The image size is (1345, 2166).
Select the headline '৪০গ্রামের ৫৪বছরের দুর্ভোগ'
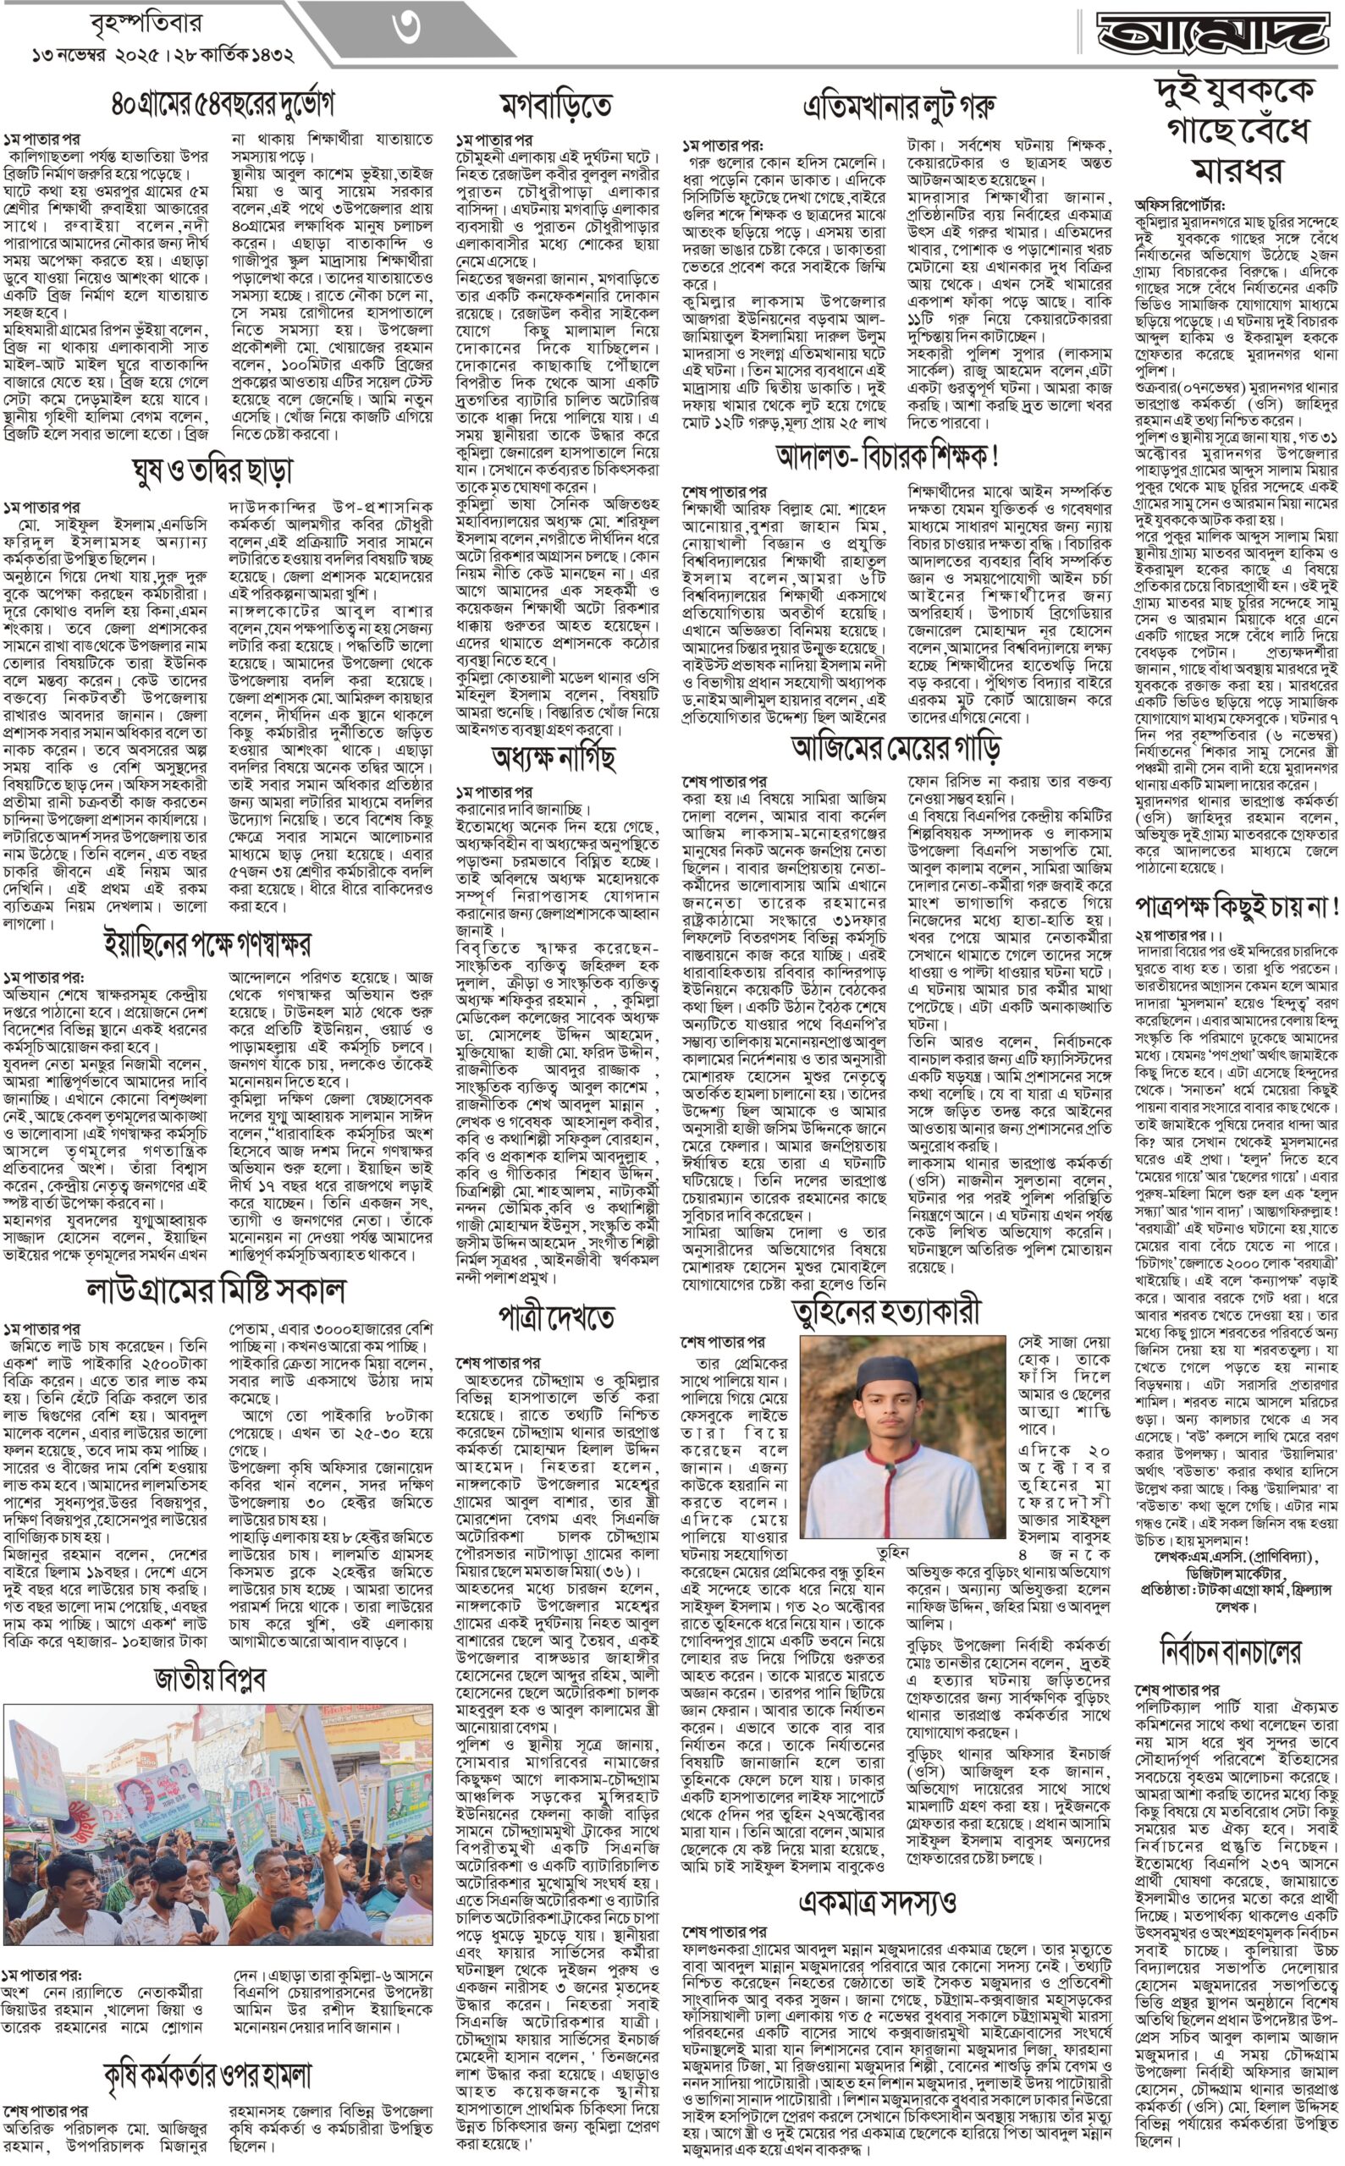(x=223, y=104)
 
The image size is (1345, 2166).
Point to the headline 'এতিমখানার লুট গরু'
(x=898, y=107)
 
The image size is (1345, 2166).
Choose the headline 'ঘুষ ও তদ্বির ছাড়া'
(x=211, y=470)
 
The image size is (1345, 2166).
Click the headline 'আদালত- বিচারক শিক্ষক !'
(x=887, y=456)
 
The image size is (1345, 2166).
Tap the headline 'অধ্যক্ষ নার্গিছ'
(x=554, y=757)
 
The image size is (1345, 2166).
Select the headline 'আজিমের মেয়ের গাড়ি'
(x=896, y=746)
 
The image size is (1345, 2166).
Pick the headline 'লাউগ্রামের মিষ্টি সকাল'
(x=215, y=1290)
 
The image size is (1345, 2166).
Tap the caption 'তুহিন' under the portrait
(x=892, y=1552)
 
